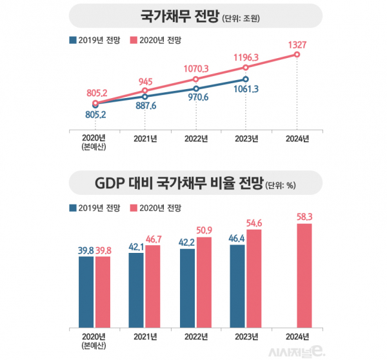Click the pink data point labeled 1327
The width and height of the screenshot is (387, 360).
(297, 55)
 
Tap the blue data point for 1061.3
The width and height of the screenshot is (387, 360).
(246, 79)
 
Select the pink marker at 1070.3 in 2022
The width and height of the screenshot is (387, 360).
(195, 79)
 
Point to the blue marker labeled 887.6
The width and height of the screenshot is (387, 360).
(144, 96)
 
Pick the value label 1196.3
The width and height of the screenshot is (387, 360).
(246, 56)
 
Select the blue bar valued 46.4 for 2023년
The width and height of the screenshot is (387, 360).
(237, 286)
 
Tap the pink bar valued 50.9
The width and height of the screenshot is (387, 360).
(203, 281)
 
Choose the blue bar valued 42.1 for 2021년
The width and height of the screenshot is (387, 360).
(136, 290)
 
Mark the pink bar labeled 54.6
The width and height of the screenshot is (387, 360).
(254, 278)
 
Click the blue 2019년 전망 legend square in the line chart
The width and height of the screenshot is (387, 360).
(71, 39)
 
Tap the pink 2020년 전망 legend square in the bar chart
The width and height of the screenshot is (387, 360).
(134, 208)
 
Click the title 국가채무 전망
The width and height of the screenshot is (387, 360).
(174, 17)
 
